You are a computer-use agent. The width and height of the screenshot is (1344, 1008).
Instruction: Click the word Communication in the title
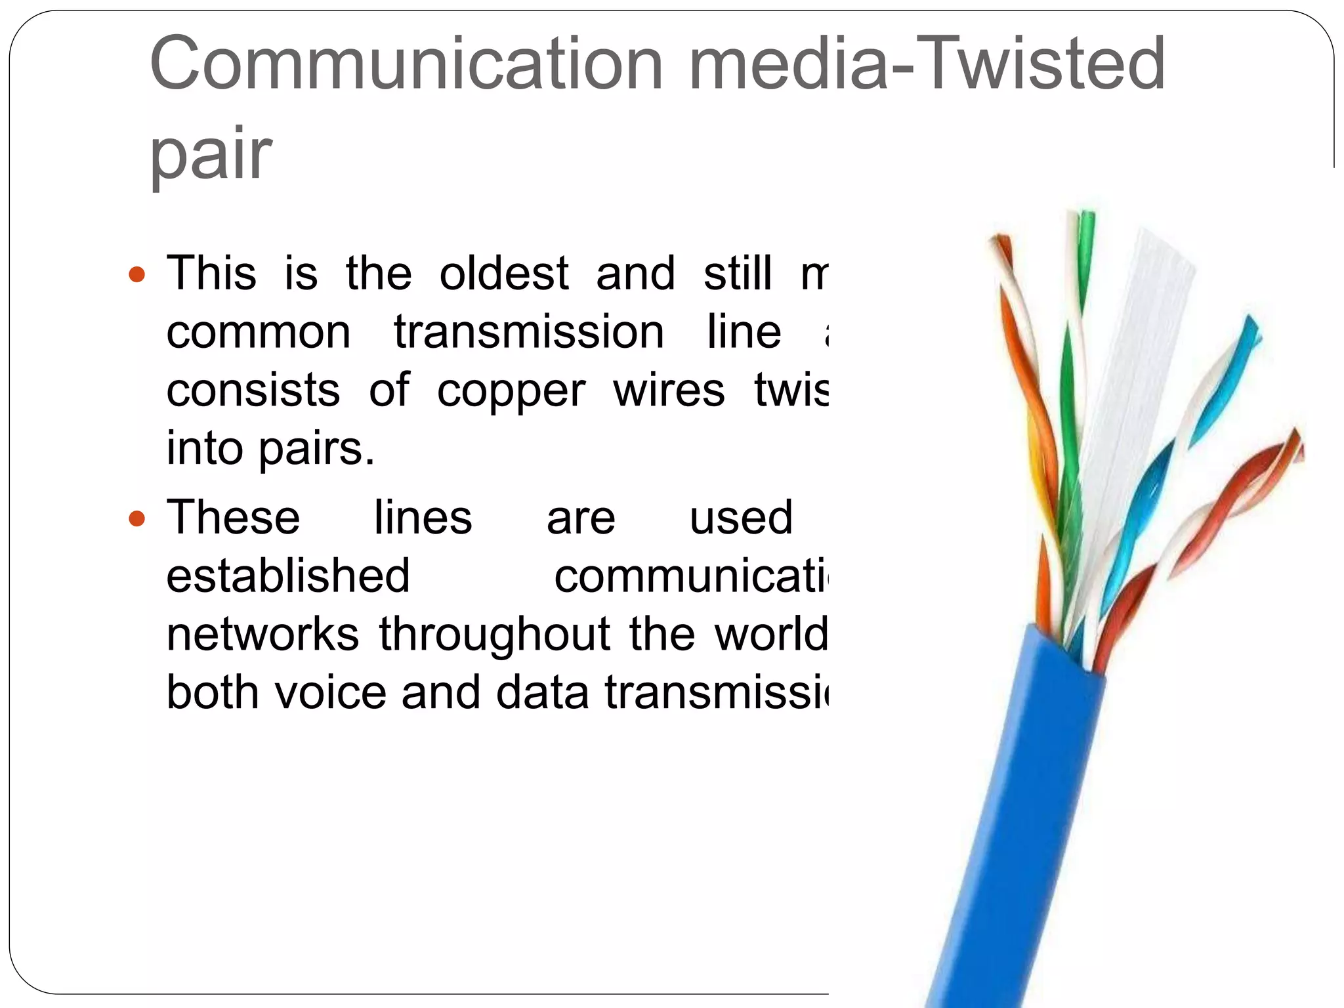407,64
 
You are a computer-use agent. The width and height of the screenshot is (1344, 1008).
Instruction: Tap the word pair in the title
210,154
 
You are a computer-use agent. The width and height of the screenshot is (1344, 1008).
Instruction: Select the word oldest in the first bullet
503,273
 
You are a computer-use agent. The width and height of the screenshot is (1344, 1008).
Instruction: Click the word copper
511,392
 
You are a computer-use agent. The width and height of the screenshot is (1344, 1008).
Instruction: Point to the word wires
669,390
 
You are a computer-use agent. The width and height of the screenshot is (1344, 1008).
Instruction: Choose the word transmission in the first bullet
529,332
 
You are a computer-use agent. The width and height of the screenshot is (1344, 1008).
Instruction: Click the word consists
253,390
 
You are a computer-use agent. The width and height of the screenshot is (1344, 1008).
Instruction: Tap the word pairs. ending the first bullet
316,450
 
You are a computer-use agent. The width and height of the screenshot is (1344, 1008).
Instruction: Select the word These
233,518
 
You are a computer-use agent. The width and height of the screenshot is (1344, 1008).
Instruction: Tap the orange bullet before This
136,274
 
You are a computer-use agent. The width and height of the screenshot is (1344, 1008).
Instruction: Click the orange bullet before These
136,520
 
